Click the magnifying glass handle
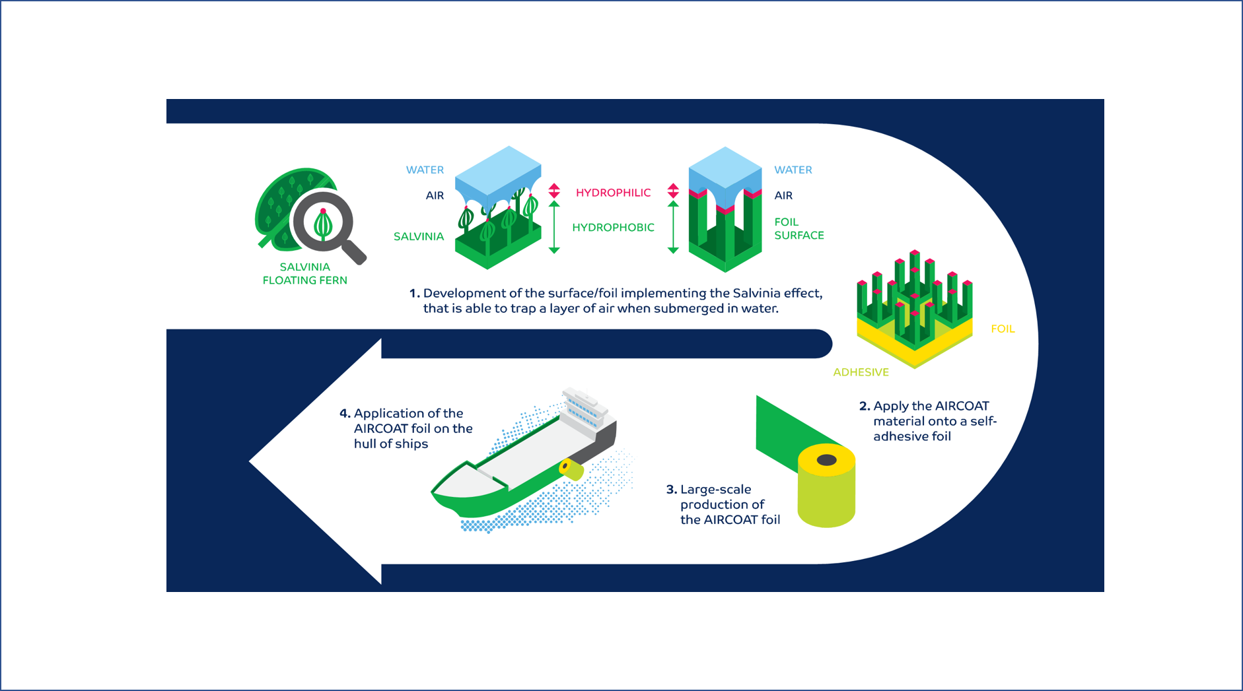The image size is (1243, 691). pos(353,251)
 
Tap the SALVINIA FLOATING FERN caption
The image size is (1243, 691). pos(304,273)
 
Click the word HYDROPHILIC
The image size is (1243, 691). pos(613,193)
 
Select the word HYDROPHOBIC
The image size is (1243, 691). pos(613,228)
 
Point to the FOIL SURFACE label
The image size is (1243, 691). pos(799,228)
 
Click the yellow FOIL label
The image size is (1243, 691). pos(1002,329)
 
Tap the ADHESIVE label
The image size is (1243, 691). pos(861,372)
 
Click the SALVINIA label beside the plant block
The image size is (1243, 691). pos(419,236)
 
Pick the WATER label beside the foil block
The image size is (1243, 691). pos(793,170)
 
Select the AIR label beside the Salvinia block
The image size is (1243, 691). pos(435,195)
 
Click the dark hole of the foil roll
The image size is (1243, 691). pos(826,460)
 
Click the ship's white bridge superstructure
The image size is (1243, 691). pos(585,409)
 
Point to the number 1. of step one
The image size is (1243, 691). pos(414,294)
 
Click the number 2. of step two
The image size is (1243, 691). pos(864,407)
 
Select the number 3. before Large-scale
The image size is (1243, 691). pos(671,490)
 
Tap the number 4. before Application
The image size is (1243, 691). pos(345,414)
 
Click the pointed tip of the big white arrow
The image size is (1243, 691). pos(251,461)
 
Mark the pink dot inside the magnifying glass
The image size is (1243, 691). pos(323,211)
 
